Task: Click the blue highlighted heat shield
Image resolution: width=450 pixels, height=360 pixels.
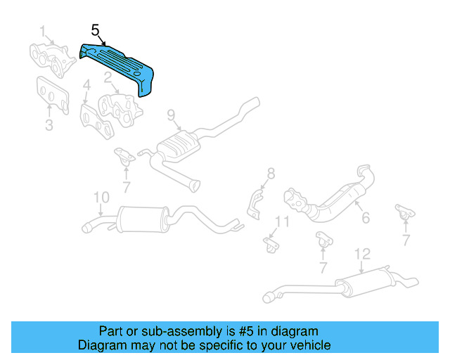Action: pos(120,67)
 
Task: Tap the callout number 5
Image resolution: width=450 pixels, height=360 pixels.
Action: pos(96,30)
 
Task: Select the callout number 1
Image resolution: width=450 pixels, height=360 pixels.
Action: pos(43,31)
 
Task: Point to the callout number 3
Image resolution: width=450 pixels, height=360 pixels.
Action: pos(49,126)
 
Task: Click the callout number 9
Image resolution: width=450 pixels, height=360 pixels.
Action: pos(170,114)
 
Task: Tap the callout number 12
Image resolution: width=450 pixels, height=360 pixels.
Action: pos(361,254)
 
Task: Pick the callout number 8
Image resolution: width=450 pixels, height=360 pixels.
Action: pos(271,173)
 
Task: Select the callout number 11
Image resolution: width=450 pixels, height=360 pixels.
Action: pos(282,222)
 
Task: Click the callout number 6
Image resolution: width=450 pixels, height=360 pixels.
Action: pos(365,218)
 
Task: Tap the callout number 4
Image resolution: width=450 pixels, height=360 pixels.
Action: pos(86,87)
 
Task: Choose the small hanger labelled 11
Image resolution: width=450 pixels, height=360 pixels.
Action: pos(271,243)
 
